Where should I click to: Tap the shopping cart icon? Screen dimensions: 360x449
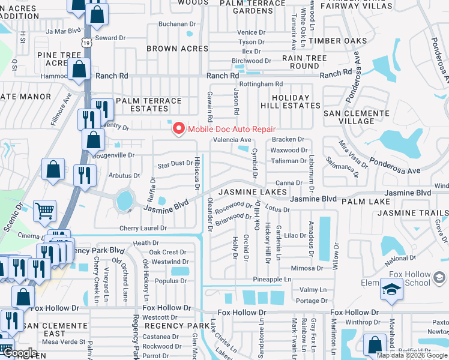tap(45, 211)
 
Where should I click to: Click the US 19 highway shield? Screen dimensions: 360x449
tap(88, 43)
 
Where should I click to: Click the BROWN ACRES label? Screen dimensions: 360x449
tap(178, 49)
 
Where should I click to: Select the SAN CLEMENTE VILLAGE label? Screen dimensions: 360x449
tap(357, 117)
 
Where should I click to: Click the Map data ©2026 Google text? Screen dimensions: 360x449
tap(412, 355)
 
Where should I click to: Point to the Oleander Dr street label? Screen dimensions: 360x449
tap(210, 215)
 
